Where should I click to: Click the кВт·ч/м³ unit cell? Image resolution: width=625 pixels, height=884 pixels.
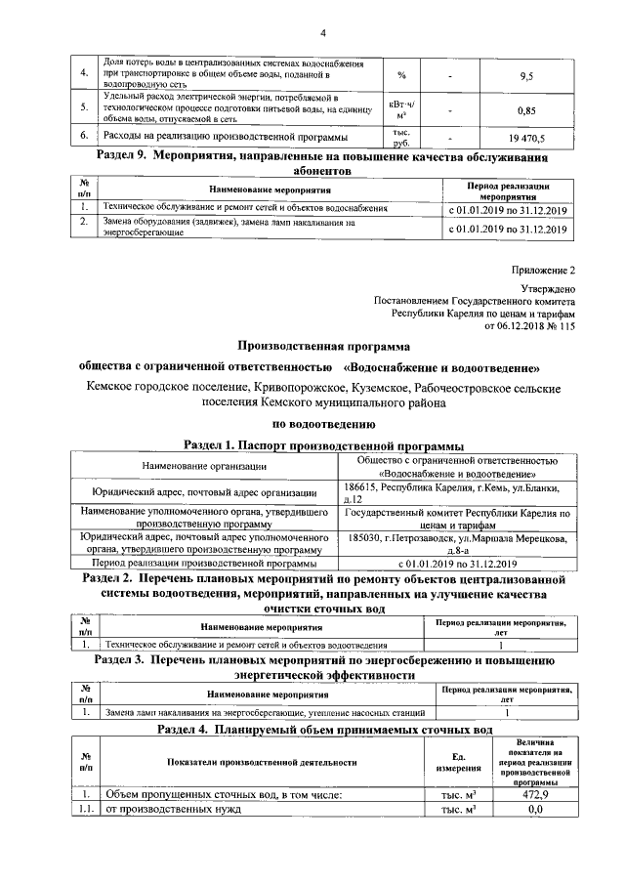tap(402, 110)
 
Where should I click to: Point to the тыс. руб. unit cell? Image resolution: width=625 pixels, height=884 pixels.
tap(402, 138)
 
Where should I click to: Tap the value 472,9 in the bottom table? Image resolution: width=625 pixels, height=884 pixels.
tap(533, 795)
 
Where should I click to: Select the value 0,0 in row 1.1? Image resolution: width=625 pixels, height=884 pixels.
tap(533, 810)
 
